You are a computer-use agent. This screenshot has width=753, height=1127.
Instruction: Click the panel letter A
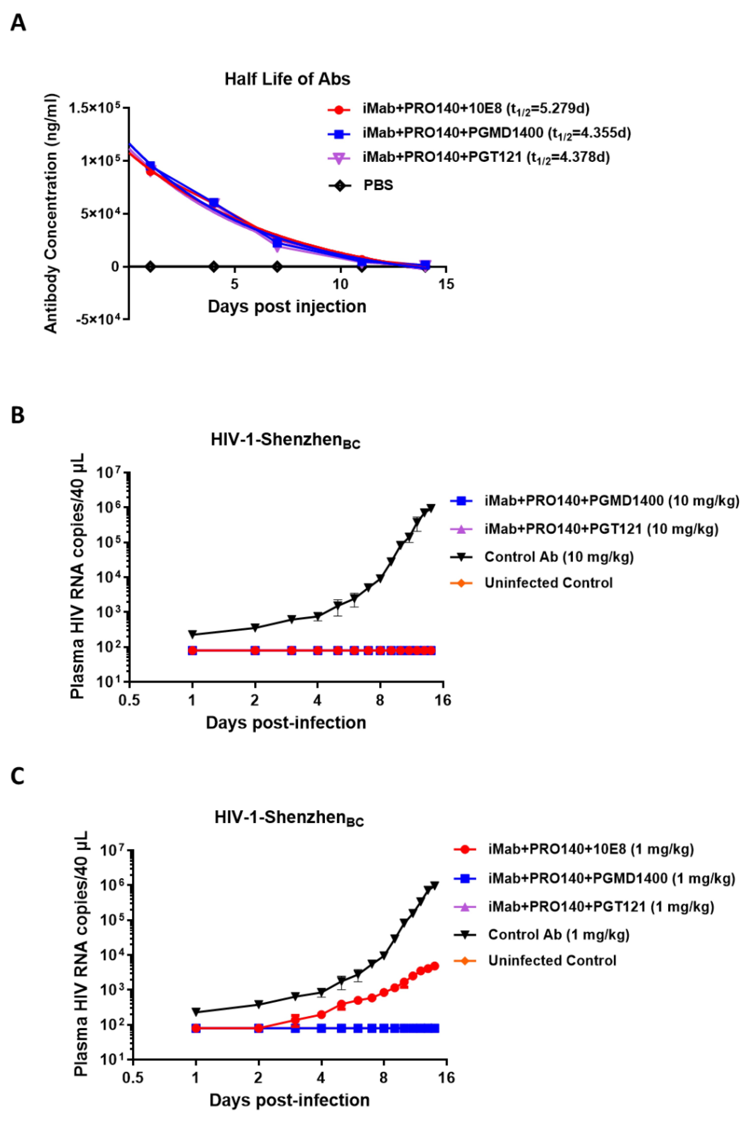click(x=18, y=23)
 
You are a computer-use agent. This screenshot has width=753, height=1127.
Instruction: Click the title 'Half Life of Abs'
click(x=287, y=79)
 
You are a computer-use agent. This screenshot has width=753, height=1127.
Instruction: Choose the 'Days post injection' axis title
click(x=287, y=306)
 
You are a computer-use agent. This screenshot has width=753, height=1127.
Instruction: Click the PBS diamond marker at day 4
click(x=214, y=267)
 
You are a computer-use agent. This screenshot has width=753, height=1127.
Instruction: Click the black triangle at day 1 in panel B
click(x=192, y=634)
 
